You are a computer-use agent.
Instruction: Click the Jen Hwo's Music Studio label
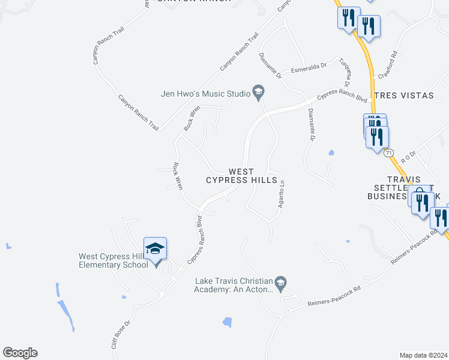205,94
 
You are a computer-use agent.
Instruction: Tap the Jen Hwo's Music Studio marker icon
259,92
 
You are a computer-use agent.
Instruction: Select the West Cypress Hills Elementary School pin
155,249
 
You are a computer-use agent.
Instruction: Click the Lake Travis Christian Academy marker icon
280,281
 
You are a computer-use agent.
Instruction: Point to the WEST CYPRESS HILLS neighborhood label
242,176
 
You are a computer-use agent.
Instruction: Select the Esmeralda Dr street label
308,67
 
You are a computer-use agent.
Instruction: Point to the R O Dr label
408,157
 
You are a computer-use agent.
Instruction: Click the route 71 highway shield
389,153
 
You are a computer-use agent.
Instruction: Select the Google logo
20,353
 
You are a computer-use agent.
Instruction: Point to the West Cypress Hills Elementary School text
113,260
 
